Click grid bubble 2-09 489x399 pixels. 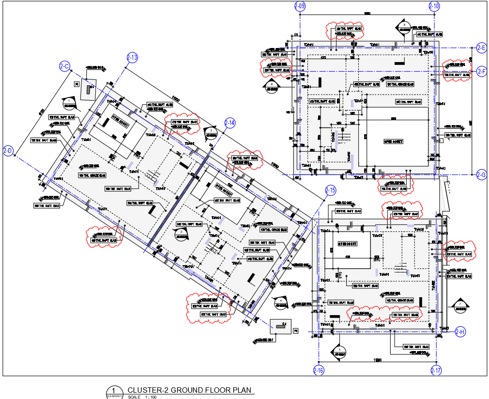click(300, 6)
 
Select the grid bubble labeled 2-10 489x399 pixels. click(434, 6)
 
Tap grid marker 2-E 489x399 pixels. click(481, 48)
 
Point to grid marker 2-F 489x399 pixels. click(481, 71)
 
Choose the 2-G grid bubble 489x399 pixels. click(481, 175)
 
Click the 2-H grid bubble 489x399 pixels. click(460, 332)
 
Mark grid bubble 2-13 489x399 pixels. click(132, 58)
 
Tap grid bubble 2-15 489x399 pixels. click(330, 191)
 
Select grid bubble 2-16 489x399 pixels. click(318, 371)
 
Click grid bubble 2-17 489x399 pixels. click(436, 371)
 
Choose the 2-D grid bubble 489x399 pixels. click(8, 151)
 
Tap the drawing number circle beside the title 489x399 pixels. click(113, 391)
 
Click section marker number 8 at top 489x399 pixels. click(403, 25)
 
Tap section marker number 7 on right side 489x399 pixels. click(459, 304)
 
